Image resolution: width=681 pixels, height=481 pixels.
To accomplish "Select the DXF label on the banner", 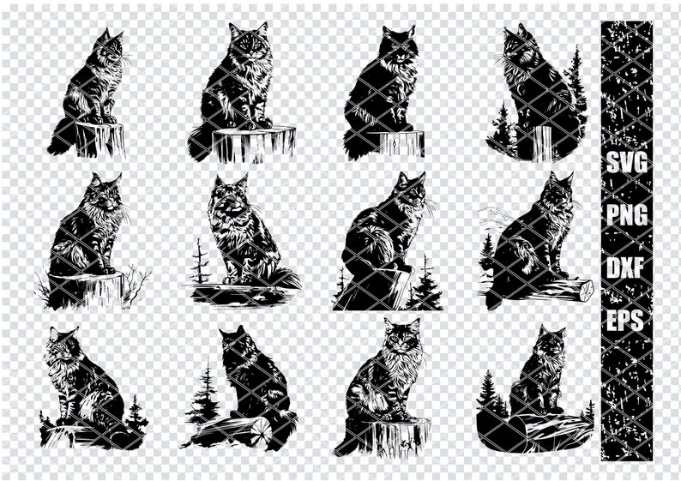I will (x=627, y=268).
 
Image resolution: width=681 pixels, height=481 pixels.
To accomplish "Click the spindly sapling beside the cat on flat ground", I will (x=200, y=261).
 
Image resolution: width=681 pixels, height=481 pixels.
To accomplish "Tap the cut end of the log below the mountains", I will (x=586, y=291).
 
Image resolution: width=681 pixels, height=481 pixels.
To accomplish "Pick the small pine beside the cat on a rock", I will (x=136, y=414).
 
